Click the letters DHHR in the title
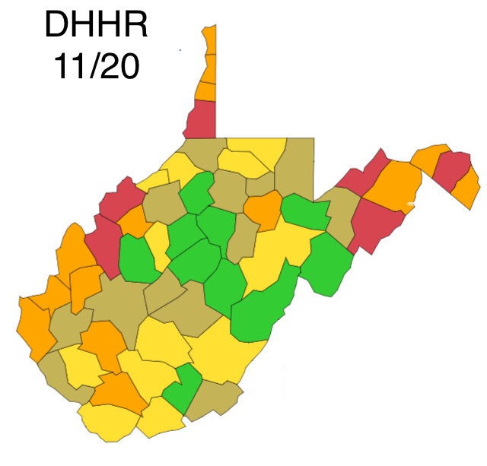(95, 24)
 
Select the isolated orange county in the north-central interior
(263, 210)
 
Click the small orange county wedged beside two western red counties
(134, 222)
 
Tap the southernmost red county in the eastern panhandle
(376, 224)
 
